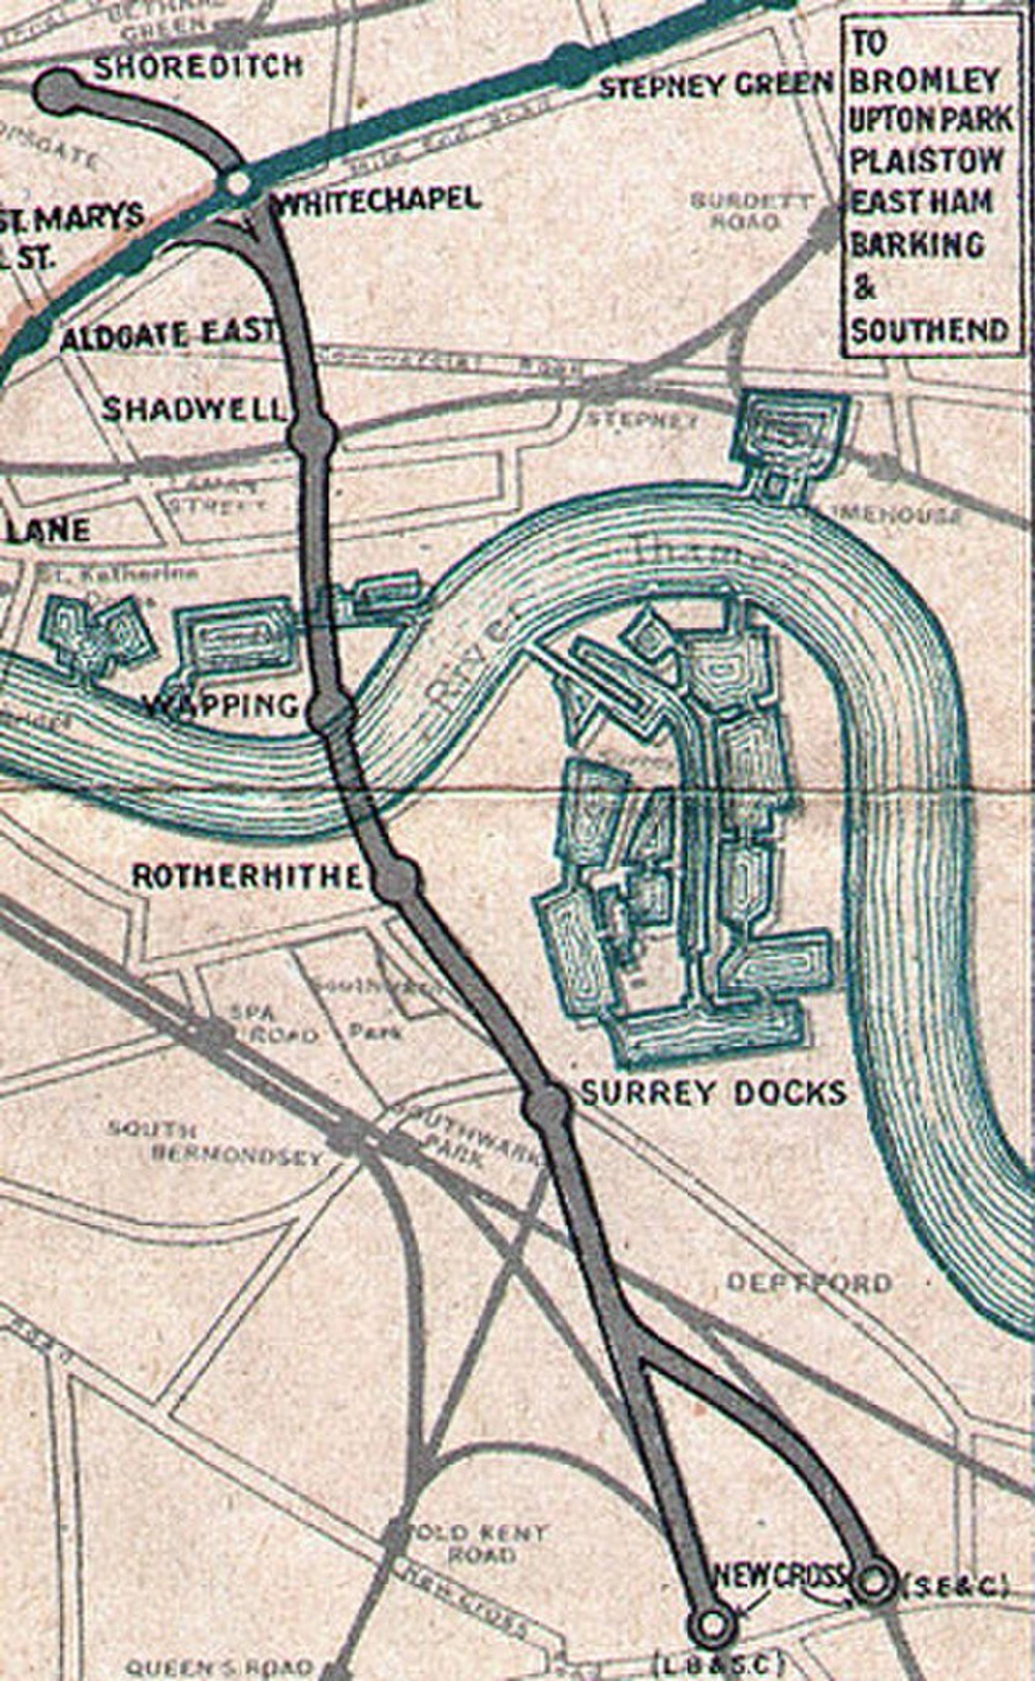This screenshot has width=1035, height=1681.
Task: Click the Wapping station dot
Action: (331, 714)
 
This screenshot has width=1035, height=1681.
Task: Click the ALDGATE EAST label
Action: (168, 335)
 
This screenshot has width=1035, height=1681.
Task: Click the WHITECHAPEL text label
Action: (377, 199)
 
